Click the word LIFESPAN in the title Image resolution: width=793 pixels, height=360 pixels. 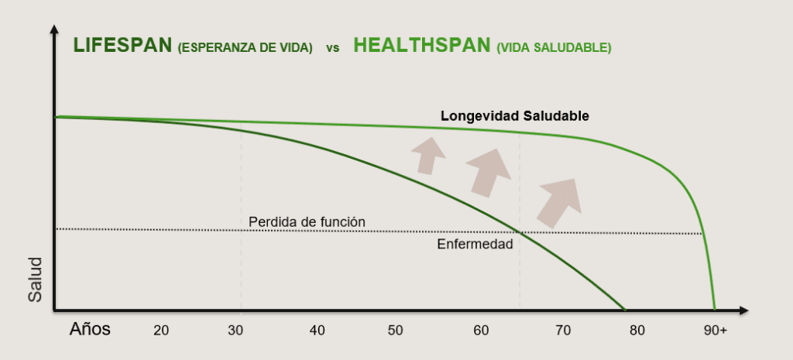[x=122, y=46]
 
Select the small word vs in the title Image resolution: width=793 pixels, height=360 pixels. [x=332, y=48]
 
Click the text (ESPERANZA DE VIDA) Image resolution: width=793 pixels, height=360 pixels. [x=245, y=48]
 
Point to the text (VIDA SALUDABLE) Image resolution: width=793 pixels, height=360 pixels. [x=554, y=48]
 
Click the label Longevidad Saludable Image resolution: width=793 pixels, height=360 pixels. [x=515, y=116]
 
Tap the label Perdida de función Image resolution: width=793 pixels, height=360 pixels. [x=307, y=222]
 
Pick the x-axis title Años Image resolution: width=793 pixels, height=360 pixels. [x=90, y=329]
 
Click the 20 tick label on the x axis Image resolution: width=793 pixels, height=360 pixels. [x=161, y=331]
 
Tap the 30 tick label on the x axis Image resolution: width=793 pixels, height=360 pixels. [x=236, y=331]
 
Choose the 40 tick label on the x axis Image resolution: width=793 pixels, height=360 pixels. [x=317, y=331]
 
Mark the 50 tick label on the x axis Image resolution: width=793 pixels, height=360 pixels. [x=396, y=331]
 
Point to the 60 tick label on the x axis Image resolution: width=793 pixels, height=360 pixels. [x=480, y=331]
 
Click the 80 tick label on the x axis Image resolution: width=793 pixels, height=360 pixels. [x=637, y=331]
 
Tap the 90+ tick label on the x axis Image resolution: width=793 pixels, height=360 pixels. [x=715, y=331]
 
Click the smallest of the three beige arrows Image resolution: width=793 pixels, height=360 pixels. [x=427, y=155]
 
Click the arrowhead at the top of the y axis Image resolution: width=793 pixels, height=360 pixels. [x=53, y=30]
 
